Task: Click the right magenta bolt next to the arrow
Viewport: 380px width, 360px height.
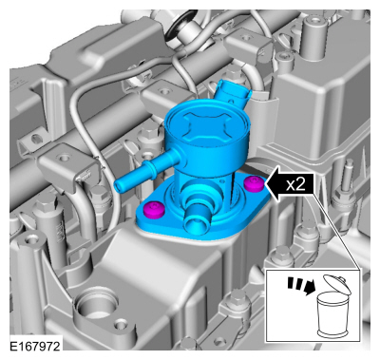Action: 254,182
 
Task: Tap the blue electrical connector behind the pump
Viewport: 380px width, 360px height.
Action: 231,93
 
